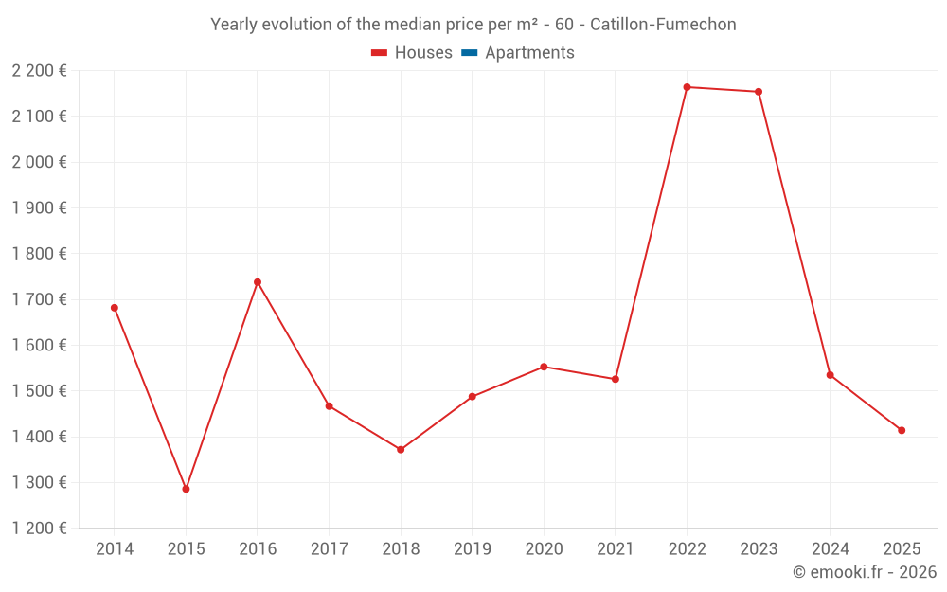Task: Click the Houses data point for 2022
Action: [x=687, y=87]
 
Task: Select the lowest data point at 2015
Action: [x=186, y=489]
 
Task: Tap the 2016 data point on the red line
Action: [x=258, y=282]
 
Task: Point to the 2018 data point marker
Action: [x=401, y=449]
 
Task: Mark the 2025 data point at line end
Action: [x=902, y=430]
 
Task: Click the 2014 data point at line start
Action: [x=115, y=308]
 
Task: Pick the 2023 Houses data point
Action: [x=759, y=92]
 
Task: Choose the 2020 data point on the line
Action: [x=544, y=367]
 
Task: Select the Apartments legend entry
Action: [x=529, y=53]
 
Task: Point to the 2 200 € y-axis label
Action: [x=39, y=70]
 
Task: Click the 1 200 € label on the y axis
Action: [x=39, y=528]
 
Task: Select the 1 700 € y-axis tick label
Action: [x=39, y=299]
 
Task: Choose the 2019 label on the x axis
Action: [x=472, y=548]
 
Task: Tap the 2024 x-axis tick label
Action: [x=830, y=548]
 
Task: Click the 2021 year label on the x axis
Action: [x=616, y=548]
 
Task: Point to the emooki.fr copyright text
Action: [x=865, y=572]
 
